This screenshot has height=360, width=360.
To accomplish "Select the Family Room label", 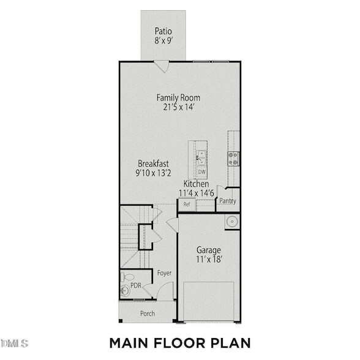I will click(x=178, y=97).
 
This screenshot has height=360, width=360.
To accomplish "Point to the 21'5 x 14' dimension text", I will click(x=178, y=107).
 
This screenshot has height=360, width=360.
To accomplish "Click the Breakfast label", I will click(x=153, y=163).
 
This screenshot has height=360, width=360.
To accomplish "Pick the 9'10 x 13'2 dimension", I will click(x=153, y=173).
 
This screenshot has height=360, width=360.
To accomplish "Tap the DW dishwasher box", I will click(x=201, y=172).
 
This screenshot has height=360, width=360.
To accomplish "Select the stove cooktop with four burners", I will click(x=234, y=158).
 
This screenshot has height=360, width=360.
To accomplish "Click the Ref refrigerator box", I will click(x=186, y=204).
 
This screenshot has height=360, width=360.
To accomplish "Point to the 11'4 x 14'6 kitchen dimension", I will click(x=197, y=193).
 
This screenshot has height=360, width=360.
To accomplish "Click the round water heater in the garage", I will click(x=232, y=221).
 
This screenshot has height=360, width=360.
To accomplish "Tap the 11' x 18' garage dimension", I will click(x=209, y=260).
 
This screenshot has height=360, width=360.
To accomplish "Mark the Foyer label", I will click(x=164, y=273).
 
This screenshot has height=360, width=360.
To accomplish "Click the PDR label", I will click(x=136, y=285).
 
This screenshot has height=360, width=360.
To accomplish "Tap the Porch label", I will click(x=148, y=313).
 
